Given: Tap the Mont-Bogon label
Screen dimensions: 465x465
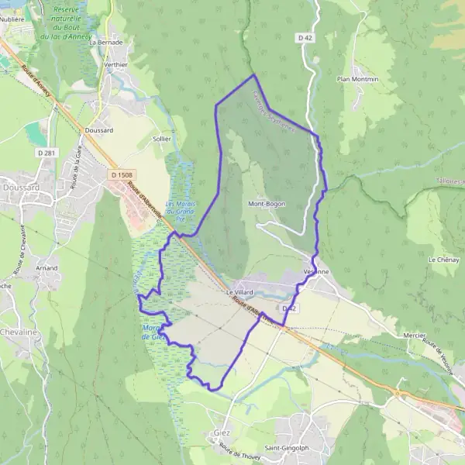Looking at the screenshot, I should pos(265,204).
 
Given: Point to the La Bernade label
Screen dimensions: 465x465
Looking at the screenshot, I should pos(106,43).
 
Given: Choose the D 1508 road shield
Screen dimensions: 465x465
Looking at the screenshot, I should pos(122,175).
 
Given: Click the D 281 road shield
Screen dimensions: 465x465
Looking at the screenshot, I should pos(46,153).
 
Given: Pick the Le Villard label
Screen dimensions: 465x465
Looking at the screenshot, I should pos(240,291).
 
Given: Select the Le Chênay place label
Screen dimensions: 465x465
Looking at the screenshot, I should pos(443,260).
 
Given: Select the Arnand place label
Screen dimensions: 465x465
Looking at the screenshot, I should pos(46,267).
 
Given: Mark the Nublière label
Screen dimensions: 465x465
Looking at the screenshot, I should pos(13,19).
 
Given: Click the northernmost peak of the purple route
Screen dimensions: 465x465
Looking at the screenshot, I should pos(254,75).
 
